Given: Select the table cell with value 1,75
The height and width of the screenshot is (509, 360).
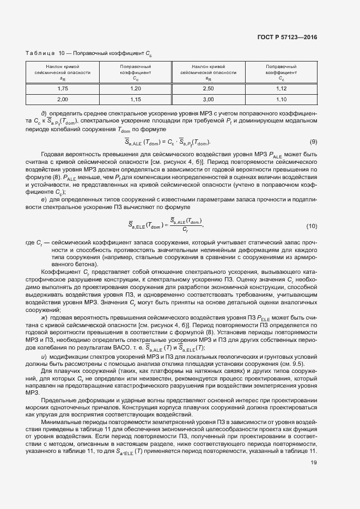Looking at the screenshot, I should (63, 88).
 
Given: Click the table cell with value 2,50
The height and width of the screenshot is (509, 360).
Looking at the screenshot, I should (208, 88).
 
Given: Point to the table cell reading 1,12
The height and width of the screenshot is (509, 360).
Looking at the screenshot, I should (281, 88).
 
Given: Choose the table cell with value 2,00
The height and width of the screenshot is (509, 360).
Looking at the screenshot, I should (63, 100).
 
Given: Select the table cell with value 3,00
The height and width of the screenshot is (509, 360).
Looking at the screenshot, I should (208, 100).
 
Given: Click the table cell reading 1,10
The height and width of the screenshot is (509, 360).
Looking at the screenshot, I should (281, 100).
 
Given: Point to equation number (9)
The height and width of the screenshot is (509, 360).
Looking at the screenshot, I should (313, 142).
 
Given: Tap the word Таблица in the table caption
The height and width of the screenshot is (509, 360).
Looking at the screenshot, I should (40, 53).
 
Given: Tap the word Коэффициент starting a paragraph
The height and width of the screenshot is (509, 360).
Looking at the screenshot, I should (58, 271).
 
